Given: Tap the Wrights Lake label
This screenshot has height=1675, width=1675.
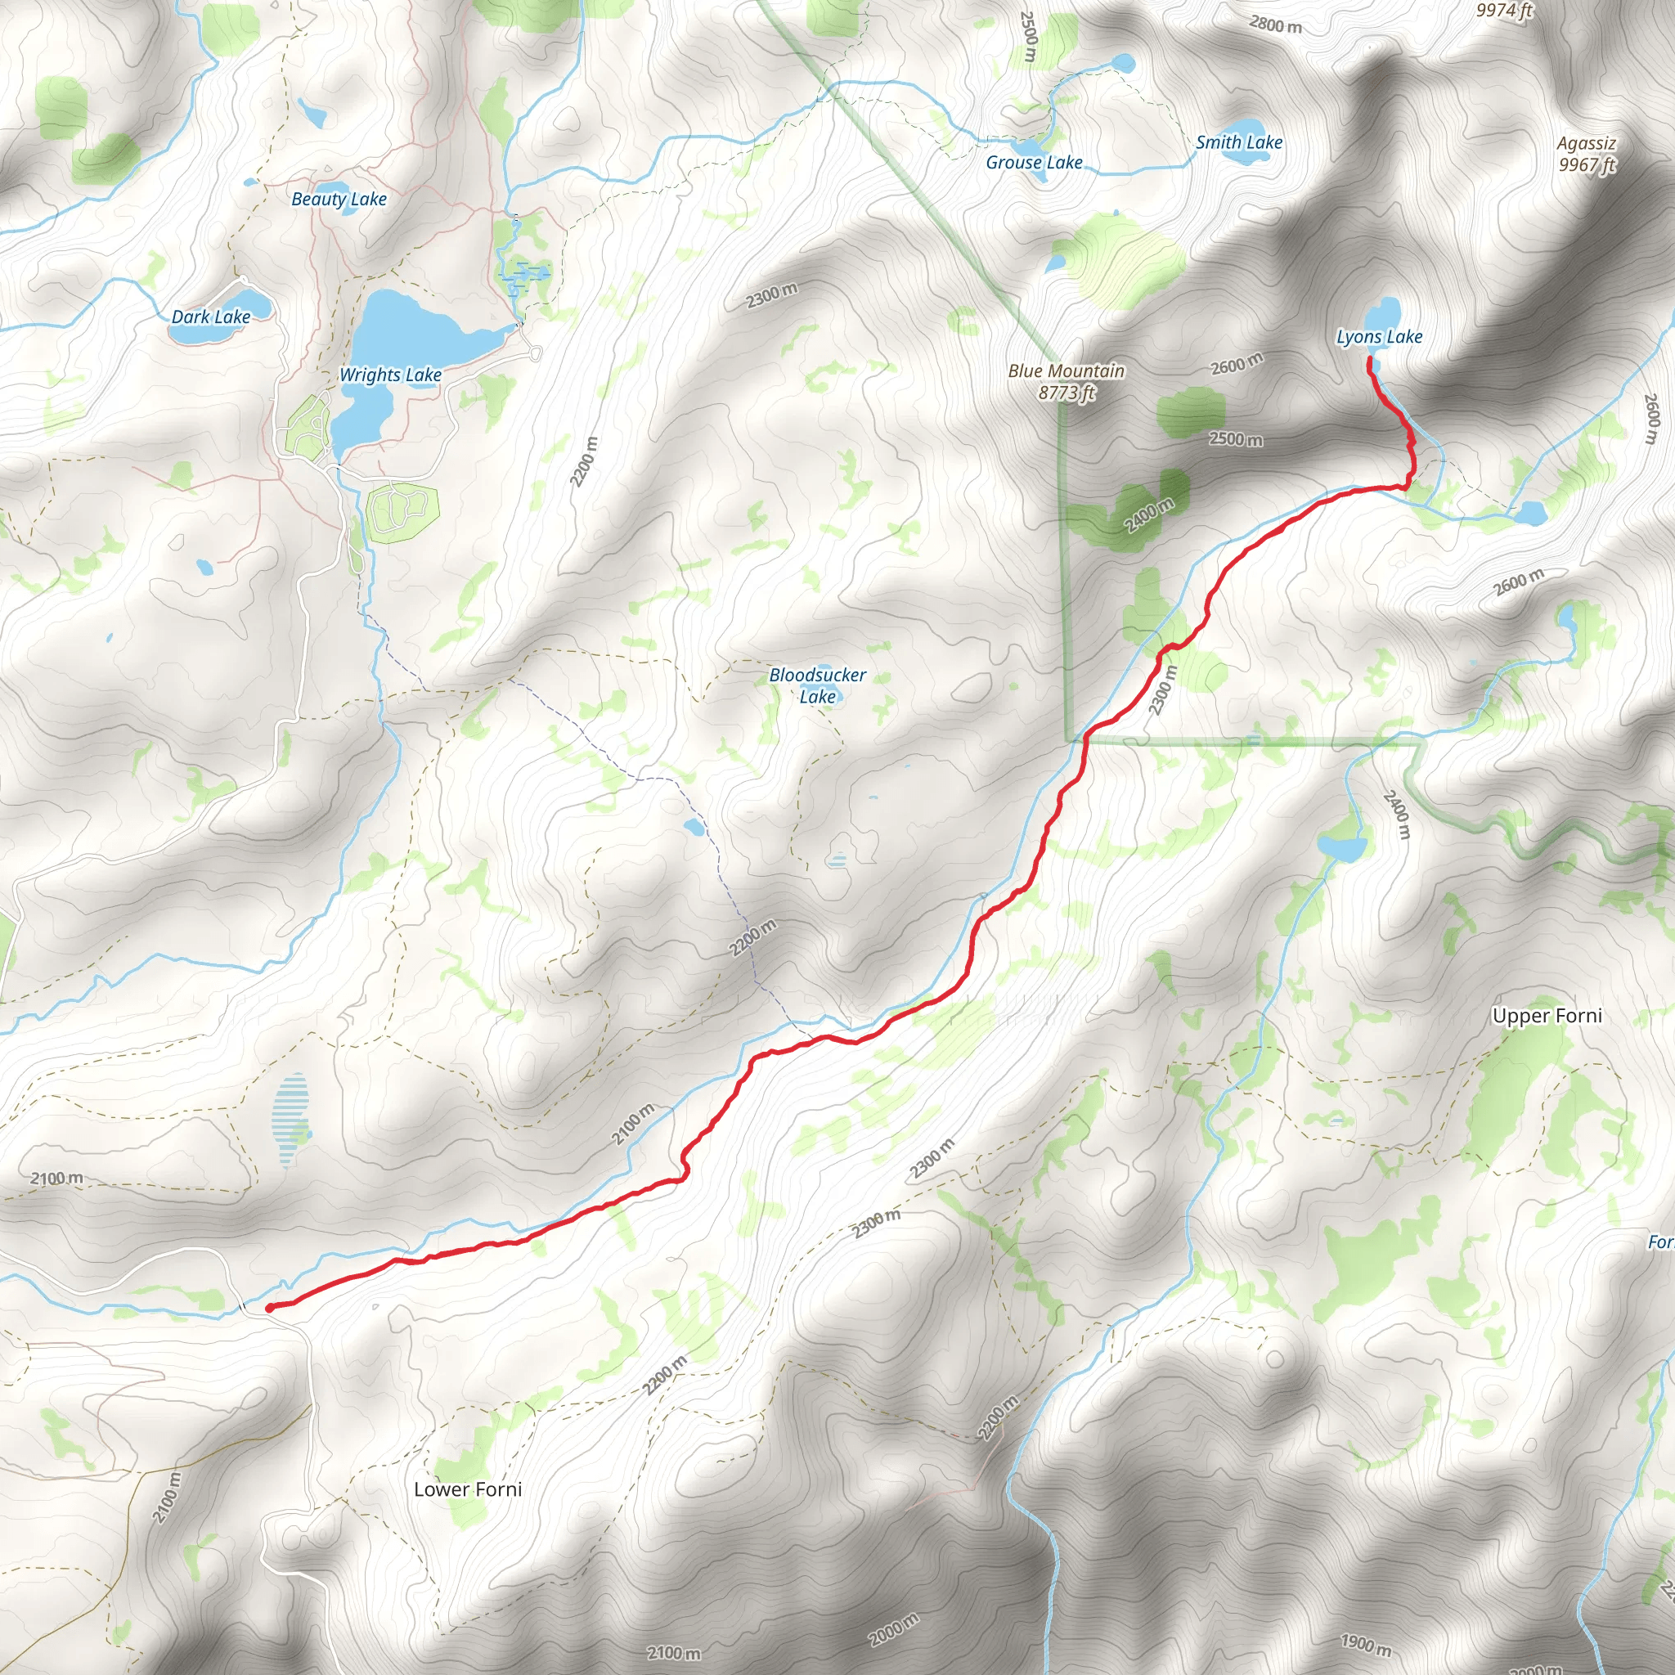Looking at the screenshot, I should [390, 375].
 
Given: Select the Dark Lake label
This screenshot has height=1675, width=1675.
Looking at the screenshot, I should [211, 317].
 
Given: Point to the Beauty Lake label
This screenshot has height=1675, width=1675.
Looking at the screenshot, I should [339, 199].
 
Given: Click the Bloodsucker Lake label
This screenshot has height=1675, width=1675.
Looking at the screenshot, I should [818, 685].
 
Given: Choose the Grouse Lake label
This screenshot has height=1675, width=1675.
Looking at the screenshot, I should [1034, 162].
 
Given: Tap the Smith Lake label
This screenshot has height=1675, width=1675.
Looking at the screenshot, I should [1239, 142].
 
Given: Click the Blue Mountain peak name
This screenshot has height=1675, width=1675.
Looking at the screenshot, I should [1067, 370].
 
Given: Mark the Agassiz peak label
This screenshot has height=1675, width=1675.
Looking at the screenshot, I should [1587, 143].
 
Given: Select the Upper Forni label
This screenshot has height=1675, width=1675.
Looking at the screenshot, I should [1547, 1015].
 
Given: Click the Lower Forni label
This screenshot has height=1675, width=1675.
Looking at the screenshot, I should [468, 1489].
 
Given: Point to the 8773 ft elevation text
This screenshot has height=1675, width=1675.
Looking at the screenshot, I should [1067, 393].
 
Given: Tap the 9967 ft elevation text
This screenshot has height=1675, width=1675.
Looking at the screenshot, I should [1587, 164].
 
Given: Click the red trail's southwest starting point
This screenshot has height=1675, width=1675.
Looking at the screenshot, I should [270, 1308].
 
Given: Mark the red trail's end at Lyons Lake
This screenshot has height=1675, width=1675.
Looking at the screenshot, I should [1369, 359].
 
